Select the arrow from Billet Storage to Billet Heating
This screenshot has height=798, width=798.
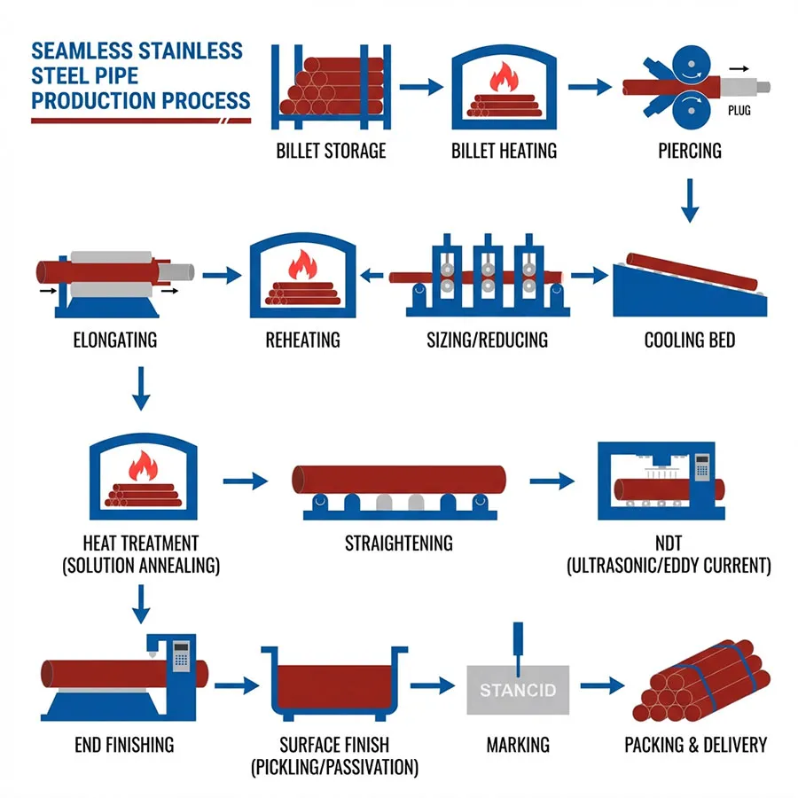[420, 87]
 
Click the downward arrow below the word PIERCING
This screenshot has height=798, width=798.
[691, 201]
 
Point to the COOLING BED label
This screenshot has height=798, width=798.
[690, 340]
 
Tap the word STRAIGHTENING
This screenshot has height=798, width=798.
[398, 543]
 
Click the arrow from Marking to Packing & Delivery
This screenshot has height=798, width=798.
[602, 686]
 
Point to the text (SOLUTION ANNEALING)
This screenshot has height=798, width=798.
[141, 565]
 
